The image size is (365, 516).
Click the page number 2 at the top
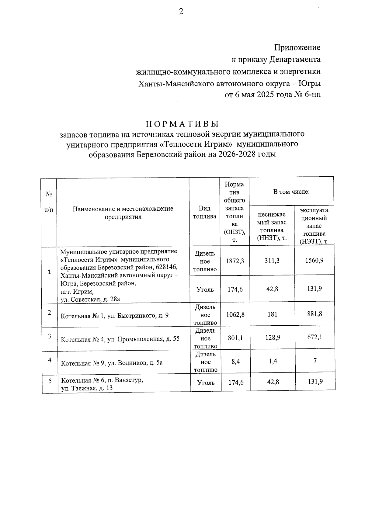pyautogui.click(x=181, y=12)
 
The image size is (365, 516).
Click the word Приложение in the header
pyautogui.click(x=297, y=48)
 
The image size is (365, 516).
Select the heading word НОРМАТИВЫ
pyautogui.click(x=182, y=124)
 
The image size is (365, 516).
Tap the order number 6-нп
pyautogui.click(x=312, y=95)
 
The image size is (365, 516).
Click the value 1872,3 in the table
pyautogui.click(x=235, y=261)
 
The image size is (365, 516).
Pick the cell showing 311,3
pyautogui.click(x=272, y=261)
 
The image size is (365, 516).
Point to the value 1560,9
pyautogui.click(x=314, y=261)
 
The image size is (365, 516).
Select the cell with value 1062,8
pyautogui.click(x=235, y=315)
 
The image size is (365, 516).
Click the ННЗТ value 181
pyautogui.click(x=272, y=315)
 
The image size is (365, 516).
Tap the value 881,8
pyautogui.click(x=315, y=314)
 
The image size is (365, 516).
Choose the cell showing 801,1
pyautogui.click(x=235, y=338)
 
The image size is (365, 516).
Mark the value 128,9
pyautogui.click(x=273, y=338)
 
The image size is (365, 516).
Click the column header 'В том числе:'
pyautogui.click(x=291, y=192)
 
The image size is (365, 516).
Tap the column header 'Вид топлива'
pyautogui.click(x=204, y=212)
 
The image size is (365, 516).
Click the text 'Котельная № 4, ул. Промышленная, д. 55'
pyautogui.click(x=120, y=339)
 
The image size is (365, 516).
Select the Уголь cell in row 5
pyautogui.click(x=206, y=383)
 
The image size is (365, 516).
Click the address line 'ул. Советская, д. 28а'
pyautogui.click(x=90, y=300)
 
